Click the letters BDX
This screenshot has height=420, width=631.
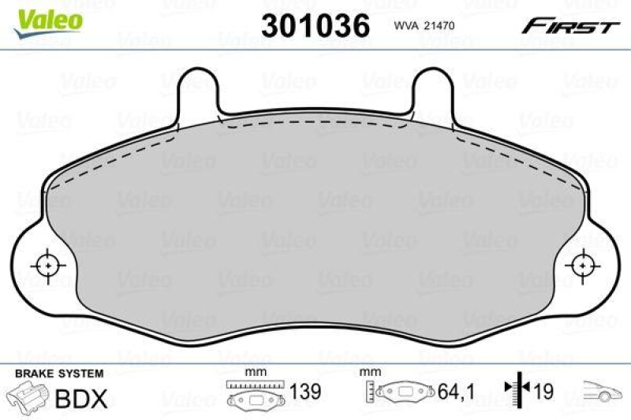point(81,398)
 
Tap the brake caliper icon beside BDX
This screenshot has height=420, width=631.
point(25,396)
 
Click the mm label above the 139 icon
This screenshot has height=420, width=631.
point(254,372)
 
